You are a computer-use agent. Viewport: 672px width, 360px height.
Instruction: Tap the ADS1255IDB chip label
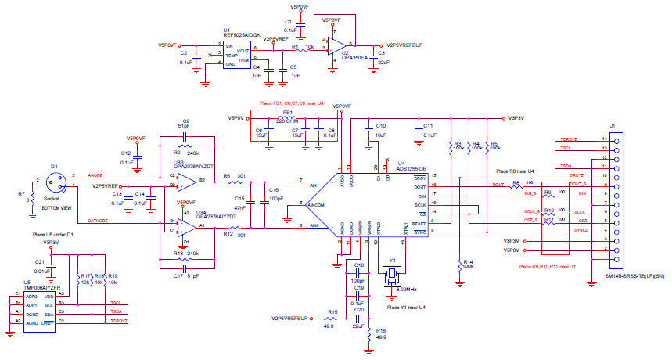click(412, 168)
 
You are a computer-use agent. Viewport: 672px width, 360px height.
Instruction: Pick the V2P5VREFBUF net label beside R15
click(292, 319)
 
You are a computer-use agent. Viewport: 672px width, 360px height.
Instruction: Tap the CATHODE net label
click(102, 221)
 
